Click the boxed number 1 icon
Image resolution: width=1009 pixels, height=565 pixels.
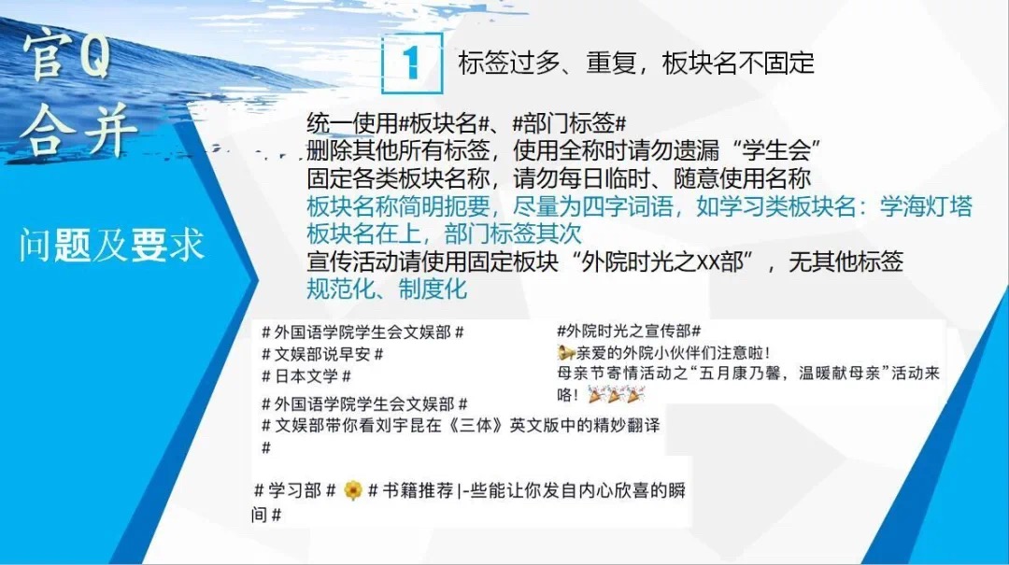[x=412, y=64]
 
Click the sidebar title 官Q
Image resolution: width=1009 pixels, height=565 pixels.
[x=67, y=58]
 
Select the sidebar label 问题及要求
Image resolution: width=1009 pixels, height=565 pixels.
[x=111, y=246]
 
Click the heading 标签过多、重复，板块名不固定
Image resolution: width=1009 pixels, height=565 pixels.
[x=636, y=64]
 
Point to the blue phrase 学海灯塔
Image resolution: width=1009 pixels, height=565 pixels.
[x=925, y=206]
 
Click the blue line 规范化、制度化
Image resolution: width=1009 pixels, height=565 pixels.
[x=387, y=289]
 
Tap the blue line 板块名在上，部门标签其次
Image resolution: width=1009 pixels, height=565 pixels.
[x=444, y=233]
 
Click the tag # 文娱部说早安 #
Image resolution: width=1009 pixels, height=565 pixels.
[x=322, y=354]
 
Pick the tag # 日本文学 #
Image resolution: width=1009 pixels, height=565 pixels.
[x=306, y=375]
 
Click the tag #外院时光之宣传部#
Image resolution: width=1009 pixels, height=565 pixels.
[x=629, y=332]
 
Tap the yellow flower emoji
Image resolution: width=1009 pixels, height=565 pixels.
[x=352, y=491]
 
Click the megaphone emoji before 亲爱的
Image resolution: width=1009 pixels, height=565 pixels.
[x=565, y=353]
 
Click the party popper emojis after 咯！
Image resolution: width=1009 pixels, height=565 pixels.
[x=616, y=395]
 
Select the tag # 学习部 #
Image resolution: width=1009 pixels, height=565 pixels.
[x=294, y=491]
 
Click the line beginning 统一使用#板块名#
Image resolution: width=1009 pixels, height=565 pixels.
[x=466, y=123]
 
